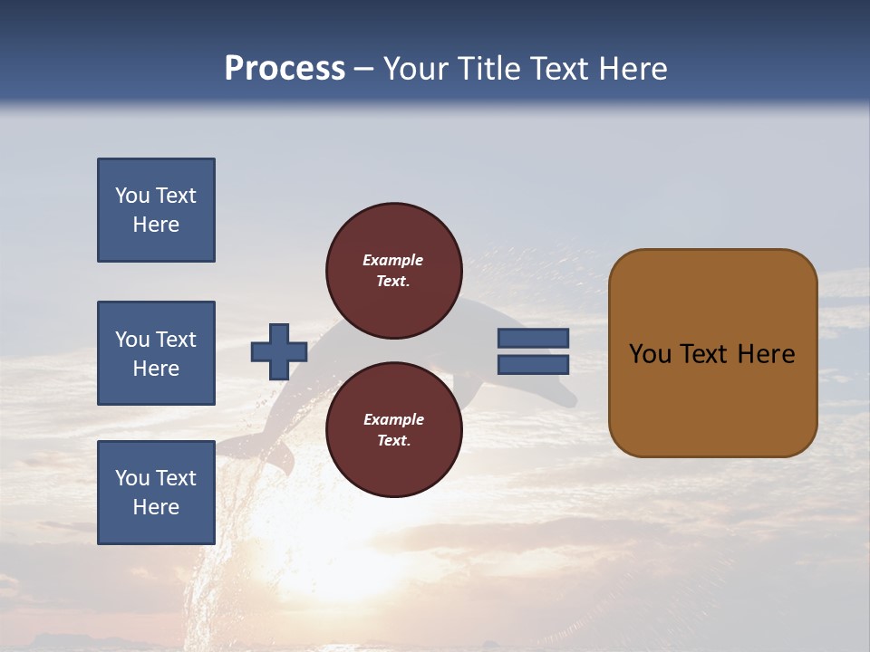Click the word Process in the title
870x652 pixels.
(x=285, y=69)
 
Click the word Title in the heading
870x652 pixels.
(x=489, y=69)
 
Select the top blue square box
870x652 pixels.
(x=156, y=210)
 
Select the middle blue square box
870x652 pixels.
(x=156, y=353)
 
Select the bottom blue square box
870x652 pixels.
(x=156, y=493)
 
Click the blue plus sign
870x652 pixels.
(x=279, y=351)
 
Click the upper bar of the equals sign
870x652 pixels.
(x=533, y=338)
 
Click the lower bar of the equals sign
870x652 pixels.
(x=533, y=365)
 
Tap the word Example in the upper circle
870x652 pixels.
(x=392, y=260)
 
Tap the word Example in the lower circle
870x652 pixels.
(x=392, y=419)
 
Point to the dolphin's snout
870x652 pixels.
(x=567, y=398)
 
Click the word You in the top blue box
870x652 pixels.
(x=132, y=196)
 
